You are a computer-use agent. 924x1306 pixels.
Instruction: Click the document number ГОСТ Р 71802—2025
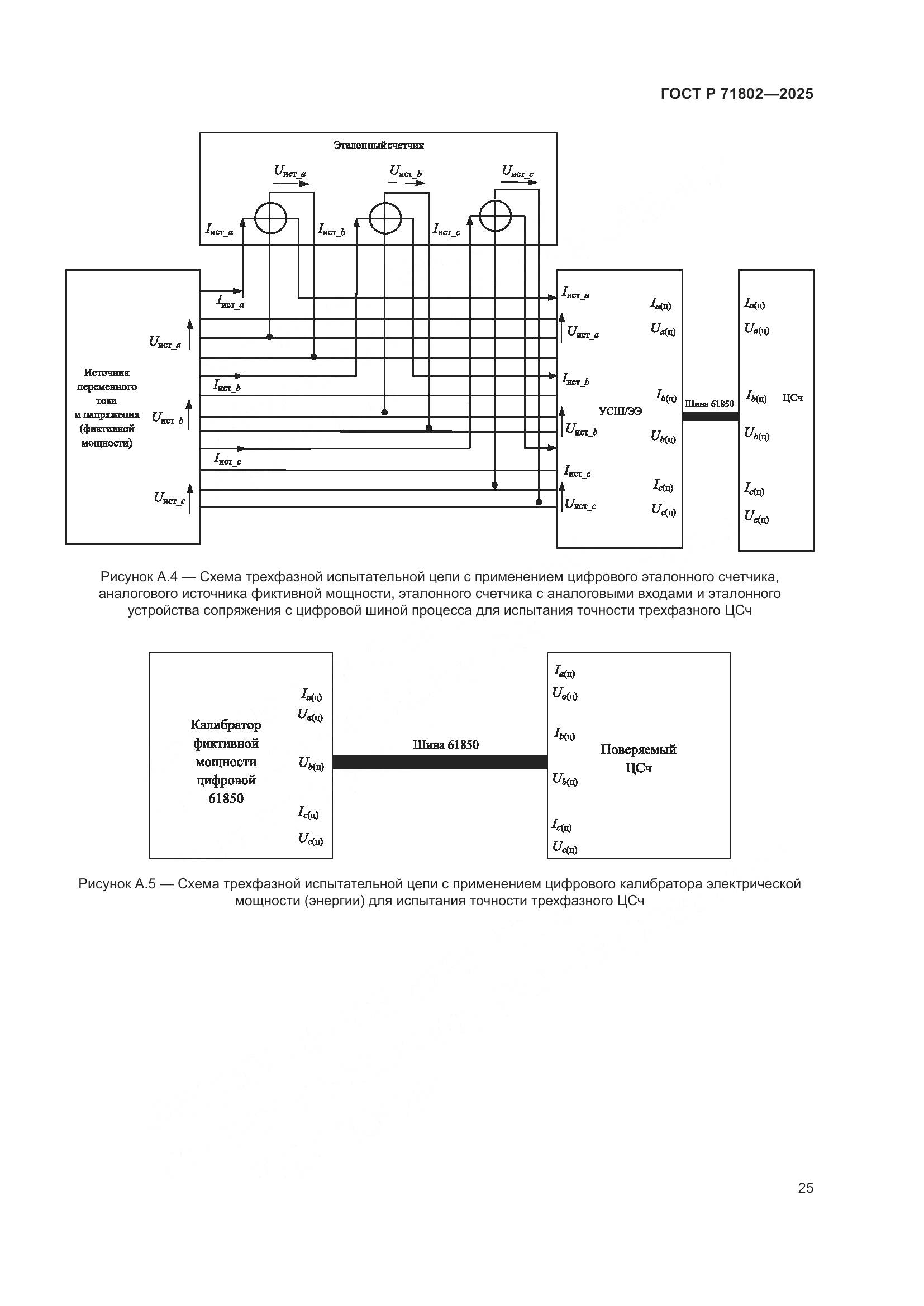[x=737, y=94]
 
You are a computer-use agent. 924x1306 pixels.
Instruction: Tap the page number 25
[x=805, y=1188]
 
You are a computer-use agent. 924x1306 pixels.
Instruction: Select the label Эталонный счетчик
[x=378, y=145]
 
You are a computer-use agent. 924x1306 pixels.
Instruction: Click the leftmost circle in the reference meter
[x=270, y=218]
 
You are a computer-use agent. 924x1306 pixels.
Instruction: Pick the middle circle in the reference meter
[x=385, y=218]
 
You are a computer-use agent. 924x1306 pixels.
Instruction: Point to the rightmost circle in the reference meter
[x=495, y=216]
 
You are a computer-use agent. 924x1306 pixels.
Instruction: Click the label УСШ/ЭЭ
[x=620, y=412]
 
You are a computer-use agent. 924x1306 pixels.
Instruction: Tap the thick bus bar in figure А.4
[x=710, y=416]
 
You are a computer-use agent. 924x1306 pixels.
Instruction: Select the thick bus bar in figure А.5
[x=439, y=762]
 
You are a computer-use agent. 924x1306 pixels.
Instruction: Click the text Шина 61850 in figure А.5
[x=445, y=745]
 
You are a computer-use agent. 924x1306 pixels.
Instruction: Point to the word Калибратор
[x=226, y=725]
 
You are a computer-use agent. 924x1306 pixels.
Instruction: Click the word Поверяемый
[x=639, y=749]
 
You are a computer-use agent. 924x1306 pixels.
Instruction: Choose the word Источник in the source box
[x=107, y=372]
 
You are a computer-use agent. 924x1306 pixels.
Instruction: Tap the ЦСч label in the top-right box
[x=793, y=398]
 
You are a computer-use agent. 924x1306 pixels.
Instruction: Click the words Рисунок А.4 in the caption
[x=140, y=577]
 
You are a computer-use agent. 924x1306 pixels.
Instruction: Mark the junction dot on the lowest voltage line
[x=539, y=502]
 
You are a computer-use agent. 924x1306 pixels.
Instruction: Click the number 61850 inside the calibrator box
[x=226, y=798]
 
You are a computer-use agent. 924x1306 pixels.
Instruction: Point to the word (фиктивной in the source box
[x=107, y=429]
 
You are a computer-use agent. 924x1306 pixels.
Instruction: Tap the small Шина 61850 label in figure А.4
[x=709, y=404]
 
